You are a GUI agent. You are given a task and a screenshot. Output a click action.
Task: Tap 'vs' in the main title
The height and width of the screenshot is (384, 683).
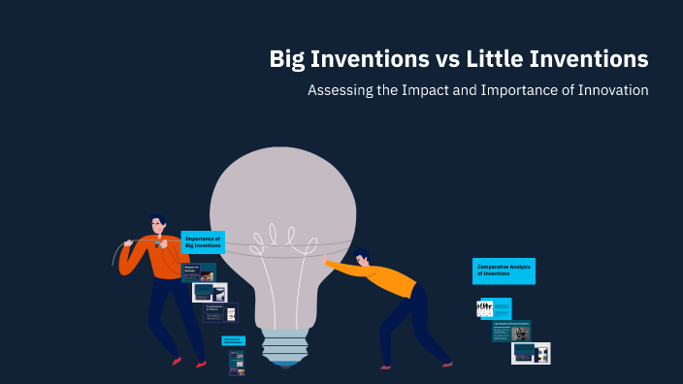point(445,59)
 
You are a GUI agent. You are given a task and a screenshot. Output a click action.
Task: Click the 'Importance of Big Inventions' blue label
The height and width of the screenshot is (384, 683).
point(203,241)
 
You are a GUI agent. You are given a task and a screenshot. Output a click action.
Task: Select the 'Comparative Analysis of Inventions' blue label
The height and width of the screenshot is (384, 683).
point(504,271)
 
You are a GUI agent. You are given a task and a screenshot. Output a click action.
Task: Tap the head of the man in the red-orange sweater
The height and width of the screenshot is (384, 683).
point(157,225)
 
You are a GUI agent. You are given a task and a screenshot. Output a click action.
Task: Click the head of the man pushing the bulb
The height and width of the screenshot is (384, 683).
point(363,258)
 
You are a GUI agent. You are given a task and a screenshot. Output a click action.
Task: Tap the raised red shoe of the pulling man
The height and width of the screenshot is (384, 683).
point(176,361)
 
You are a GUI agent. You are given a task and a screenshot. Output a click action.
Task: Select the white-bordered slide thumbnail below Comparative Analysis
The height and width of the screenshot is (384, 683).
point(531,353)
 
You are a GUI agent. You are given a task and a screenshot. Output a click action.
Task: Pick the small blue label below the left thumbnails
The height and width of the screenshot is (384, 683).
point(233,340)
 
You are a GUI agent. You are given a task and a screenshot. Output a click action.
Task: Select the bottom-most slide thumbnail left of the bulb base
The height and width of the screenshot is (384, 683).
point(236,363)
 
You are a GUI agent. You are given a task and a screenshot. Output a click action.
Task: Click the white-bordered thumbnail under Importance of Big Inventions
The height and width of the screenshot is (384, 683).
point(210,292)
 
